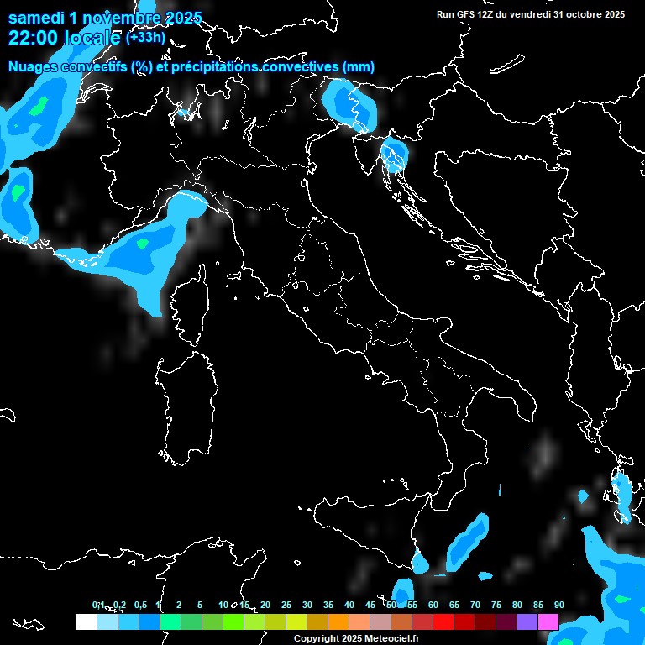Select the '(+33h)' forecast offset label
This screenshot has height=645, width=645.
click(x=146, y=38)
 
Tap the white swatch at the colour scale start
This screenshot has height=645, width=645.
click(x=86, y=621)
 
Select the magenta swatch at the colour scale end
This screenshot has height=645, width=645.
click(x=548, y=621)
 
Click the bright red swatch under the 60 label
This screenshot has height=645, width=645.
click(x=443, y=621)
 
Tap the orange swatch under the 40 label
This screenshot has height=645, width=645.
click(x=338, y=621)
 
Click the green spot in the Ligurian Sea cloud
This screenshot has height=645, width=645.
click(x=143, y=244)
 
